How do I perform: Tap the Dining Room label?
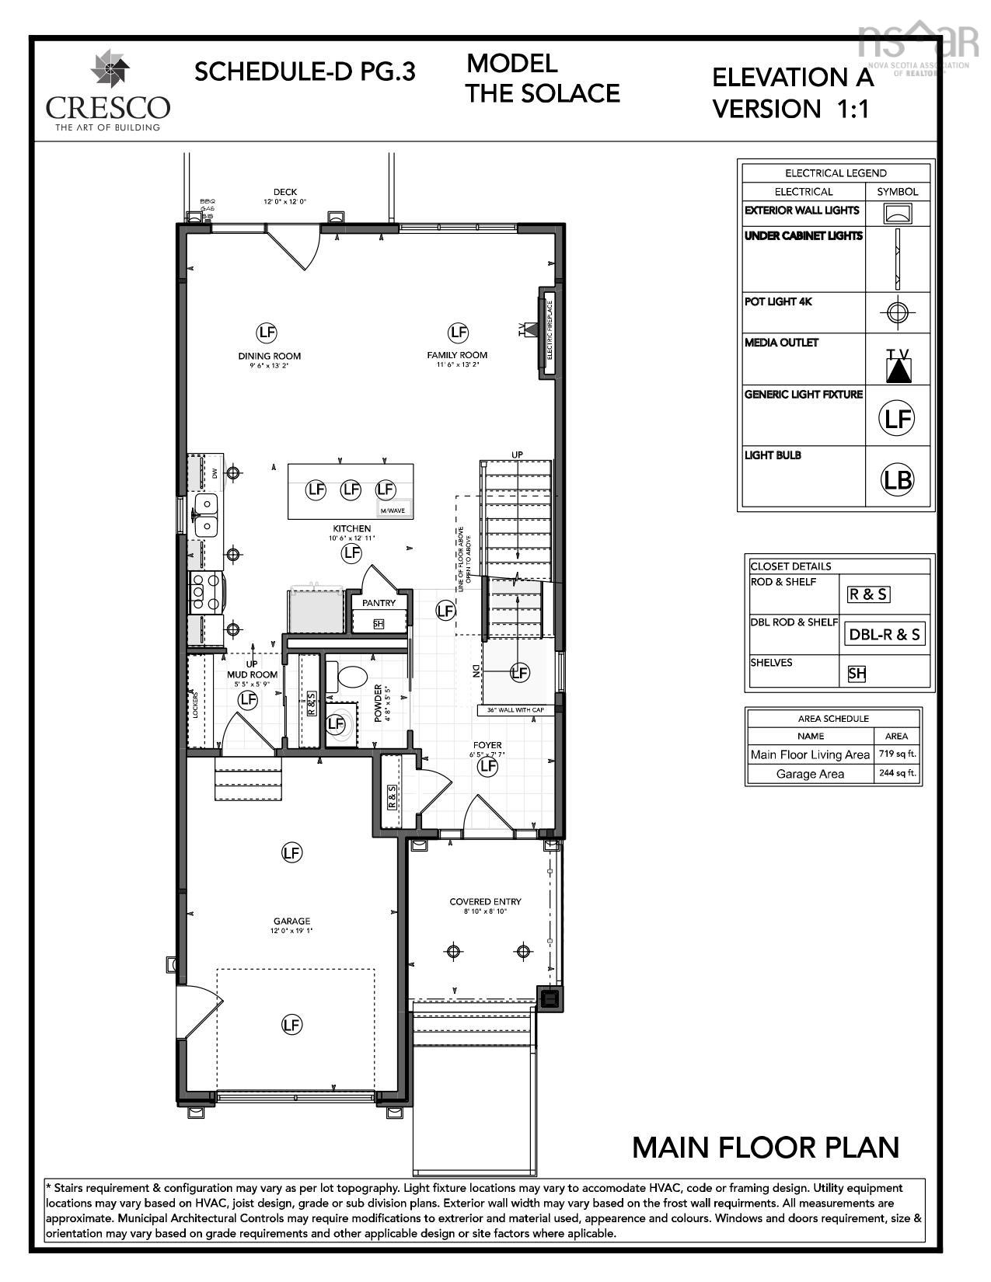pyautogui.click(x=269, y=356)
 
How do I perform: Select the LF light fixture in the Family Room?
pyautogui.click(x=458, y=333)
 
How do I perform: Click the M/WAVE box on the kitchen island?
pyautogui.click(x=393, y=510)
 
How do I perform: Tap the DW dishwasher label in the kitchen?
pyautogui.click(x=215, y=472)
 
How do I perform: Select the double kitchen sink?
pyautogui.click(x=205, y=516)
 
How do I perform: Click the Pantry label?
pyautogui.click(x=379, y=603)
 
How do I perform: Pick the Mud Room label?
pyautogui.click(x=253, y=674)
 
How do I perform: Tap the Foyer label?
pyautogui.click(x=487, y=745)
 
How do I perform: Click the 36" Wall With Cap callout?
pyautogui.click(x=514, y=710)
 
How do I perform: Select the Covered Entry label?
pyautogui.click(x=485, y=902)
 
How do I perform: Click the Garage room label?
pyautogui.click(x=291, y=921)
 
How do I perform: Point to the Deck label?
pyautogui.click(x=284, y=192)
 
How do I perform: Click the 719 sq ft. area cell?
pyautogui.click(x=896, y=754)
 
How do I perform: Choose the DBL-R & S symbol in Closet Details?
pyautogui.click(x=885, y=635)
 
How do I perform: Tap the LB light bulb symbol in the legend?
pyautogui.click(x=897, y=479)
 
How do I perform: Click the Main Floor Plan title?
pyautogui.click(x=765, y=1148)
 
